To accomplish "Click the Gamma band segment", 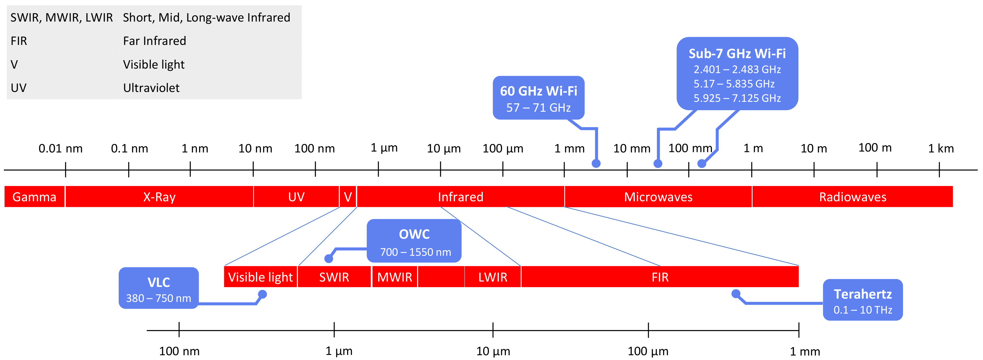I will [34, 196].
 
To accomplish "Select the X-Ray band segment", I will [159, 196].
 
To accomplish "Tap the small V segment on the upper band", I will [348, 196].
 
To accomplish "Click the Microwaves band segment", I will [658, 196].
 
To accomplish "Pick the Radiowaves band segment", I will [853, 196].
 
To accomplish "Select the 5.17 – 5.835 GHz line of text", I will [734, 84].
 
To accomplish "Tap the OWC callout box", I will [414, 240].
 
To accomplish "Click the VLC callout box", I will [158, 288].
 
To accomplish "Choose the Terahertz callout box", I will [862, 300].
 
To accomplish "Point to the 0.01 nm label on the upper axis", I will [61, 148].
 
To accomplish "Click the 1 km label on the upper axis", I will [940, 148].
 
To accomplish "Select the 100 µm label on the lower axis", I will [648, 351].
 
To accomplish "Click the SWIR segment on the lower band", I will [334, 277].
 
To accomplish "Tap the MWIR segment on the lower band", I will [395, 277].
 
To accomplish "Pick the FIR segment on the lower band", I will [660, 277].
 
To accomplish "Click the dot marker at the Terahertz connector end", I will [736, 294].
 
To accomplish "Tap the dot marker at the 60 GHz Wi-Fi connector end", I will [596, 164].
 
